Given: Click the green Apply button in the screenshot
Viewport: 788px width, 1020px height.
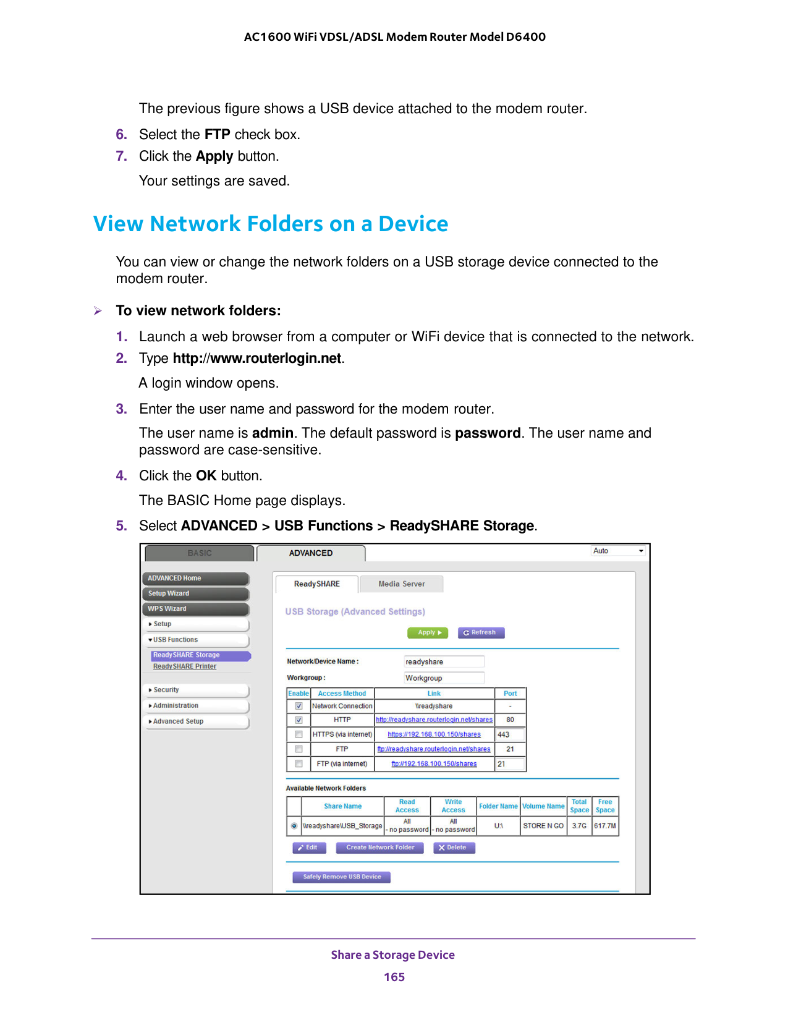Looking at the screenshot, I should tap(427, 632).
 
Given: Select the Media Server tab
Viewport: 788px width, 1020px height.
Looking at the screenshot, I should tap(401, 584).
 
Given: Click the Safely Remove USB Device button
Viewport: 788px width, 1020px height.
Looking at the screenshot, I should tap(342, 877).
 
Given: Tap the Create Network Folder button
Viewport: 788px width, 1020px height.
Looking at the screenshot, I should tap(379, 848).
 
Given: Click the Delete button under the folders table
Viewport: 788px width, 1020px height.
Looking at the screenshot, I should tap(454, 848).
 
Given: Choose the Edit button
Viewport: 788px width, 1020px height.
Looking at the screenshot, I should tap(309, 848).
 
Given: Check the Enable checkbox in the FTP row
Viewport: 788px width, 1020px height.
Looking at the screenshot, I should tap(299, 749).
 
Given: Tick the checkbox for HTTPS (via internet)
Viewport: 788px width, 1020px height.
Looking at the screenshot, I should tap(299, 734).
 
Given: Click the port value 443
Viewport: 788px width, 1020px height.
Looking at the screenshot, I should tap(509, 734).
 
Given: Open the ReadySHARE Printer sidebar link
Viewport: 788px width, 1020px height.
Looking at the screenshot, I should tap(185, 666).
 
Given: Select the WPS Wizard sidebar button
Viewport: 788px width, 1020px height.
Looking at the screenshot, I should tap(196, 609).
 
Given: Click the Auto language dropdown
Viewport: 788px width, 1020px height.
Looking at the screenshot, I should tap(618, 551).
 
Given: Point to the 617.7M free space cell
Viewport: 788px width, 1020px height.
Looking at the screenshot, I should tap(605, 826).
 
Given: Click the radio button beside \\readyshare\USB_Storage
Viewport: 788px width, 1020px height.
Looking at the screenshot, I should tap(294, 826).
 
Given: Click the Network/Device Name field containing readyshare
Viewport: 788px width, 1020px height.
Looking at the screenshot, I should tap(443, 661).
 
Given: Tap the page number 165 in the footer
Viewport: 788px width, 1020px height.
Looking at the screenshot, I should tap(394, 977).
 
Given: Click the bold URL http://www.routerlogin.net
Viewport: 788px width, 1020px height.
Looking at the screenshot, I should tap(257, 359).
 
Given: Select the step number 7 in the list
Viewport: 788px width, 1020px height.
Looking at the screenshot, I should tap(121, 156).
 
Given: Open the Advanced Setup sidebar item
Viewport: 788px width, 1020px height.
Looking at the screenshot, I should tap(196, 721).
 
